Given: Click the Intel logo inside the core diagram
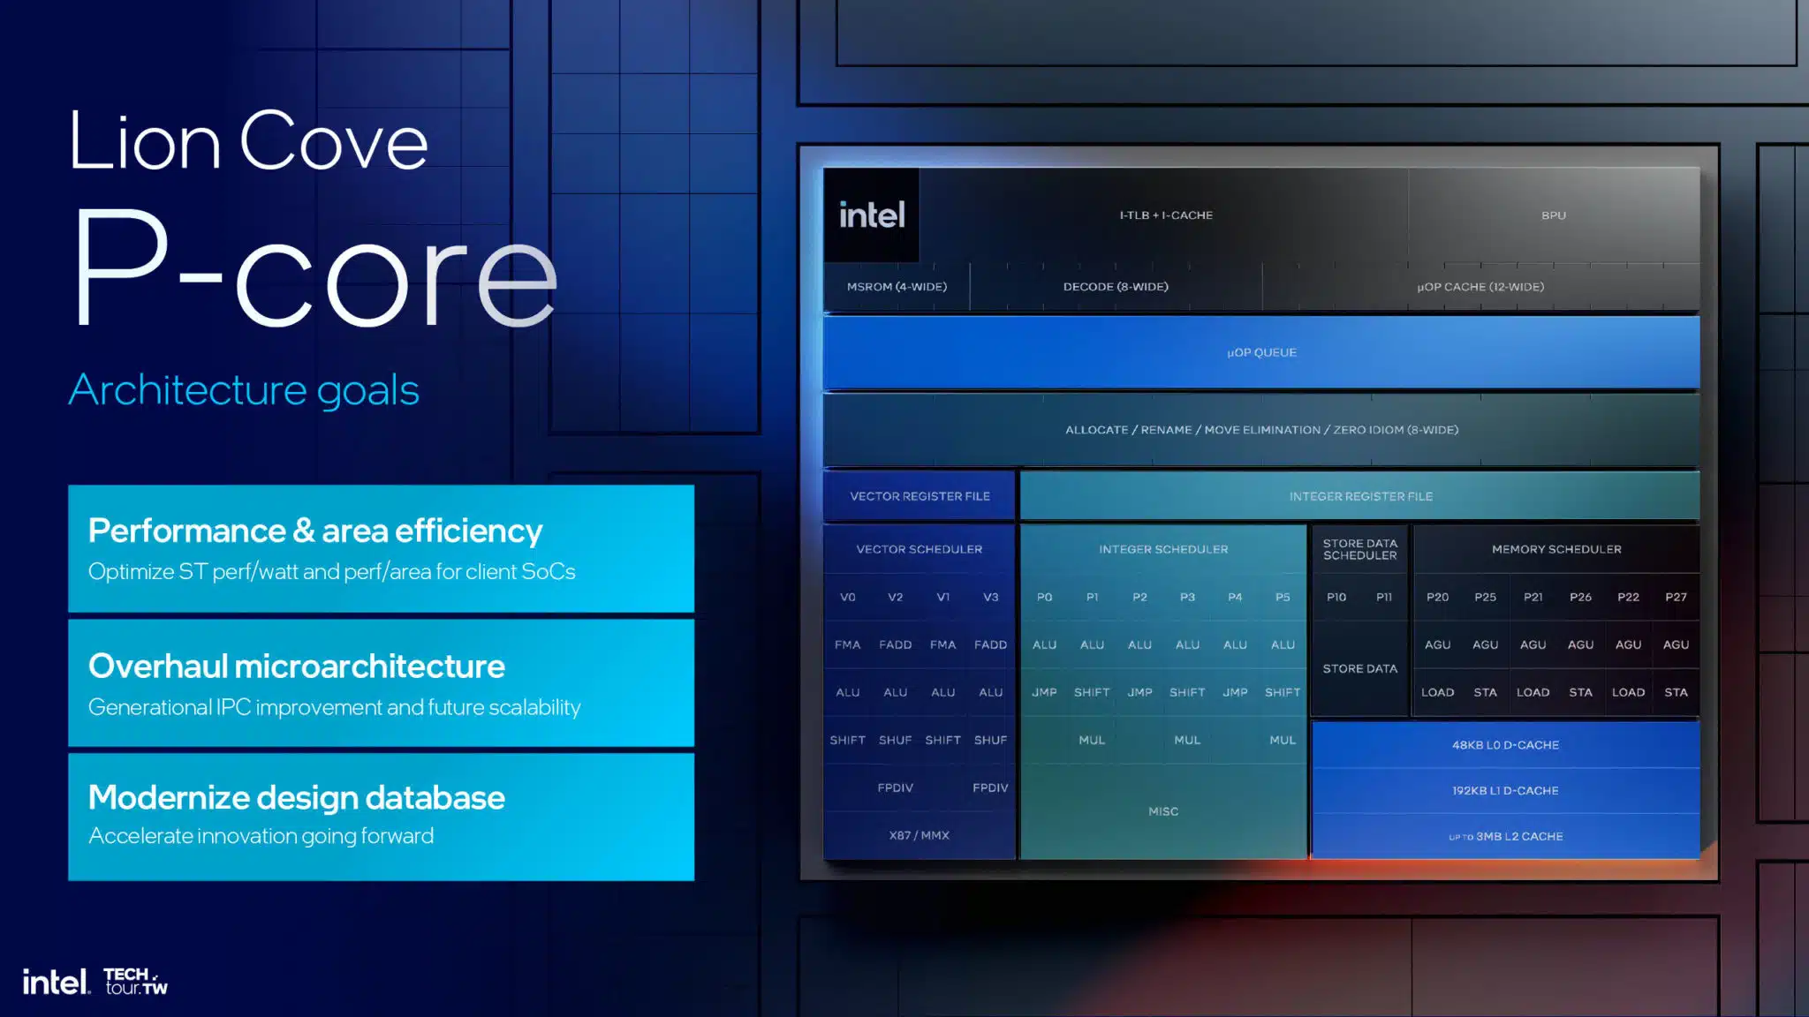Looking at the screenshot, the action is point(872,215).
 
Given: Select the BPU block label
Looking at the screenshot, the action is point(1554,215).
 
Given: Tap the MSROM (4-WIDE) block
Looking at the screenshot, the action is point(897,287).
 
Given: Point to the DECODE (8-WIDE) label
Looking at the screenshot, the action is point(1116,287).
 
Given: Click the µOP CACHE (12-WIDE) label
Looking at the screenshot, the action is point(1480,287).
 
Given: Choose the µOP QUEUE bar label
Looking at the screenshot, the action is point(1261,352).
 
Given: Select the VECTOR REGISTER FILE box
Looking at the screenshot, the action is point(920,496).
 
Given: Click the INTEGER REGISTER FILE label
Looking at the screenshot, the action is point(1360,496).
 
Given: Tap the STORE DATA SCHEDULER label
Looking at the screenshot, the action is point(1359,549).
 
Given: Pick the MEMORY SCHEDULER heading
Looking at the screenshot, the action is point(1556,549).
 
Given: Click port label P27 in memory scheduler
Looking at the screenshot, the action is point(1676,597).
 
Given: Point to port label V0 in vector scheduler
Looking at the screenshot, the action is point(847,597).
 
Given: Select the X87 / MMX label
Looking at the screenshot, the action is point(919,835).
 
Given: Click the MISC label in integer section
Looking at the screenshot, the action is point(1163,811).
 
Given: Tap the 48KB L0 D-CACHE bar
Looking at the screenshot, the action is point(1505,745).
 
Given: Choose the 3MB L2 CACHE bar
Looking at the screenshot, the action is point(1505,836).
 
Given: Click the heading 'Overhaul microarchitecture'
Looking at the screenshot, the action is point(297,667).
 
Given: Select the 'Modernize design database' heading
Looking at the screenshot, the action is point(297,798).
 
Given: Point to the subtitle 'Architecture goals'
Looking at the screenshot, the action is point(244,390).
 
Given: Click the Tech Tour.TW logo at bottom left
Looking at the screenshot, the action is point(135,981).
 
